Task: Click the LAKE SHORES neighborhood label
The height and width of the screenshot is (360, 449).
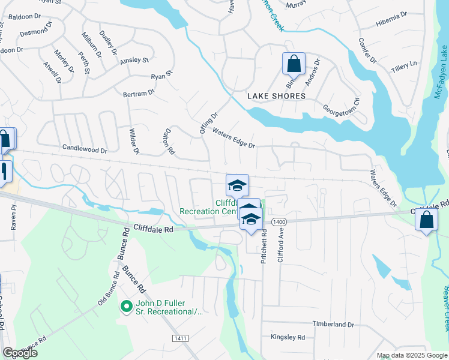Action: (x=277, y=96)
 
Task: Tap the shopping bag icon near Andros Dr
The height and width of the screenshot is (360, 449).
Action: (x=294, y=63)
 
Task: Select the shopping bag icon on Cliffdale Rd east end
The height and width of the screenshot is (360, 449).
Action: (x=426, y=220)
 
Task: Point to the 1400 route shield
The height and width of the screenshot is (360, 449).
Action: (x=278, y=223)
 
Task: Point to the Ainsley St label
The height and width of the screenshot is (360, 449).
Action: (x=134, y=60)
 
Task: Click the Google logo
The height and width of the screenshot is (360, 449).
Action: (x=20, y=353)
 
